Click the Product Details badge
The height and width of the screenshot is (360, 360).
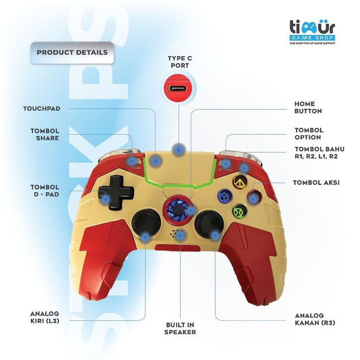coord(72,52)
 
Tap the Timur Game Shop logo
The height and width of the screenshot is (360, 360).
coord(312,32)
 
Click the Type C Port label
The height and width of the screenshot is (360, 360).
coord(180,61)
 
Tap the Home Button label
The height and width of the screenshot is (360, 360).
coord(308,108)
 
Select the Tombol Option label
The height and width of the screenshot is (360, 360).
coord(308,133)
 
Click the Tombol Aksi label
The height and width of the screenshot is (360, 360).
coord(316,182)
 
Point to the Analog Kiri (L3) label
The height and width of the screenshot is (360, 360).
coord(45,317)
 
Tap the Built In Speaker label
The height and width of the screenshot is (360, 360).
coord(180,328)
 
